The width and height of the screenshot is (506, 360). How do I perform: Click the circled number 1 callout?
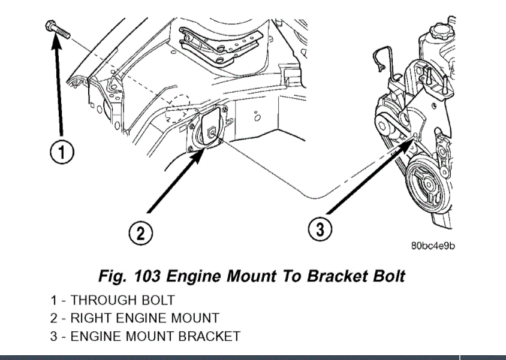click(62, 153)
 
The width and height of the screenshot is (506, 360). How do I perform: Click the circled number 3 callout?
click(320, 228)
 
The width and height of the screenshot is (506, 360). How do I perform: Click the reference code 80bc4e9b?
click(432, 246)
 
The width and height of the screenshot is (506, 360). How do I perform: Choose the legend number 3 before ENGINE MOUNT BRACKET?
click(53, 337)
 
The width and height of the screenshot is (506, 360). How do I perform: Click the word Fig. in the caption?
click(113, 276)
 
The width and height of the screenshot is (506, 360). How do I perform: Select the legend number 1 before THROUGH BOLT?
click(53, 300)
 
